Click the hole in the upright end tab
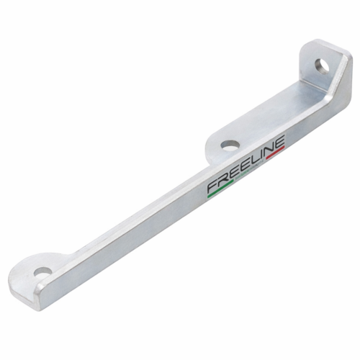point(322,66)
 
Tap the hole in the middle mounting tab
point(230,145)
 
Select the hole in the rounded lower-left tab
point(43,273)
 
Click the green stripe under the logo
point(220,189)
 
